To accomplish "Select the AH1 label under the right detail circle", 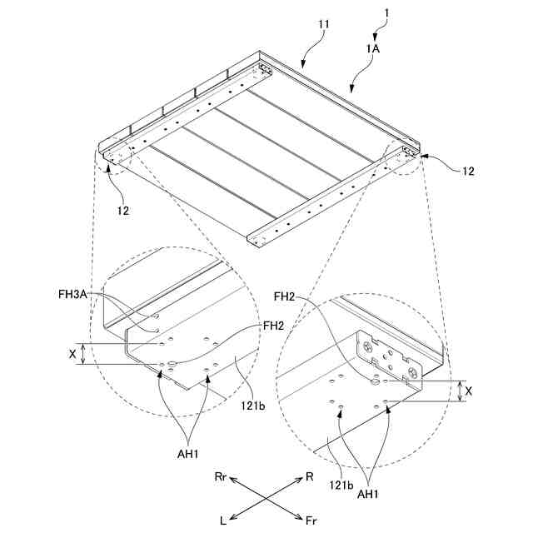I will coord(369,494).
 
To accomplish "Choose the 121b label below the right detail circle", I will coord(341,483).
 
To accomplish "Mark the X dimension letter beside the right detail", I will coord(471,391).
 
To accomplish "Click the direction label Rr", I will coord(221,476).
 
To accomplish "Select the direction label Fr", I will coord(311,521).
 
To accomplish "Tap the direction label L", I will coord(222,521).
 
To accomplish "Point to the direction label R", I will coord(310,477).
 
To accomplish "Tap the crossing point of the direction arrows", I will coord(266,498).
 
